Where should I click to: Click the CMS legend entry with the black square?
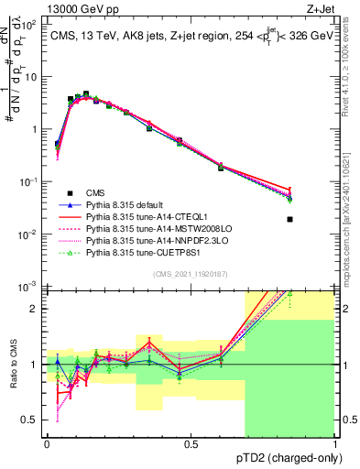pyautogui.click(x=95, y=192)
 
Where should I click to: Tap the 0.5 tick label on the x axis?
pyautogui.click(x=191, y=444)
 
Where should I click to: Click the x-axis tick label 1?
pyautogui.click(x=334, y=444)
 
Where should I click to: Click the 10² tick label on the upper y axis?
pyautogui.click(x=31, y=25)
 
